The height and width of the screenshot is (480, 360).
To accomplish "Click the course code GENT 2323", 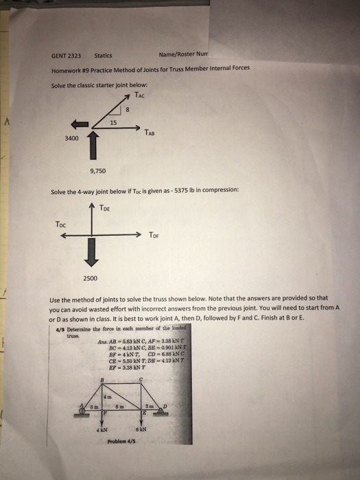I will [x=67, y=56].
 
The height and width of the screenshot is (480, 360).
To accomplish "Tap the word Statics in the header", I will [x=104, y=56].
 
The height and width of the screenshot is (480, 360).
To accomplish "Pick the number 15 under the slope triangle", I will [x=113, y=122].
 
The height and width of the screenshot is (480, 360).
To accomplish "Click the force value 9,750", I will [x=98, y=171].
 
